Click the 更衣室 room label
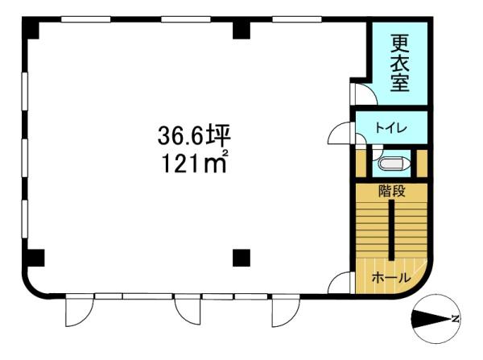click(400, 64)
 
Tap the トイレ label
click(391, 128)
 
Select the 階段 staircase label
click(391, 192)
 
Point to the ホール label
click(391, 278)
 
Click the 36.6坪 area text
click(194, 136)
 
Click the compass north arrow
click(431, 319)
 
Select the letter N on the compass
click(456, 319)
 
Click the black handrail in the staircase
click(391, 230)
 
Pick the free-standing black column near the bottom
click(242, 258)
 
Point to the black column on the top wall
click(242, 31)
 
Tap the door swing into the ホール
click(339, 283)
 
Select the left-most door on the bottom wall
click(79, 310)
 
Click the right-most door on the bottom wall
click(286, 310)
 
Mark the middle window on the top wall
click(186, 19)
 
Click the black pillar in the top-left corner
click(31, 27)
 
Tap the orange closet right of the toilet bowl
click(422, 163)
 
